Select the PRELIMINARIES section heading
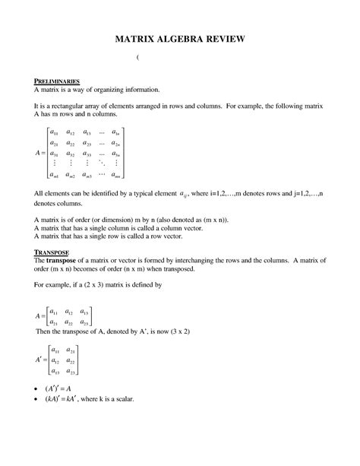(62, 80)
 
